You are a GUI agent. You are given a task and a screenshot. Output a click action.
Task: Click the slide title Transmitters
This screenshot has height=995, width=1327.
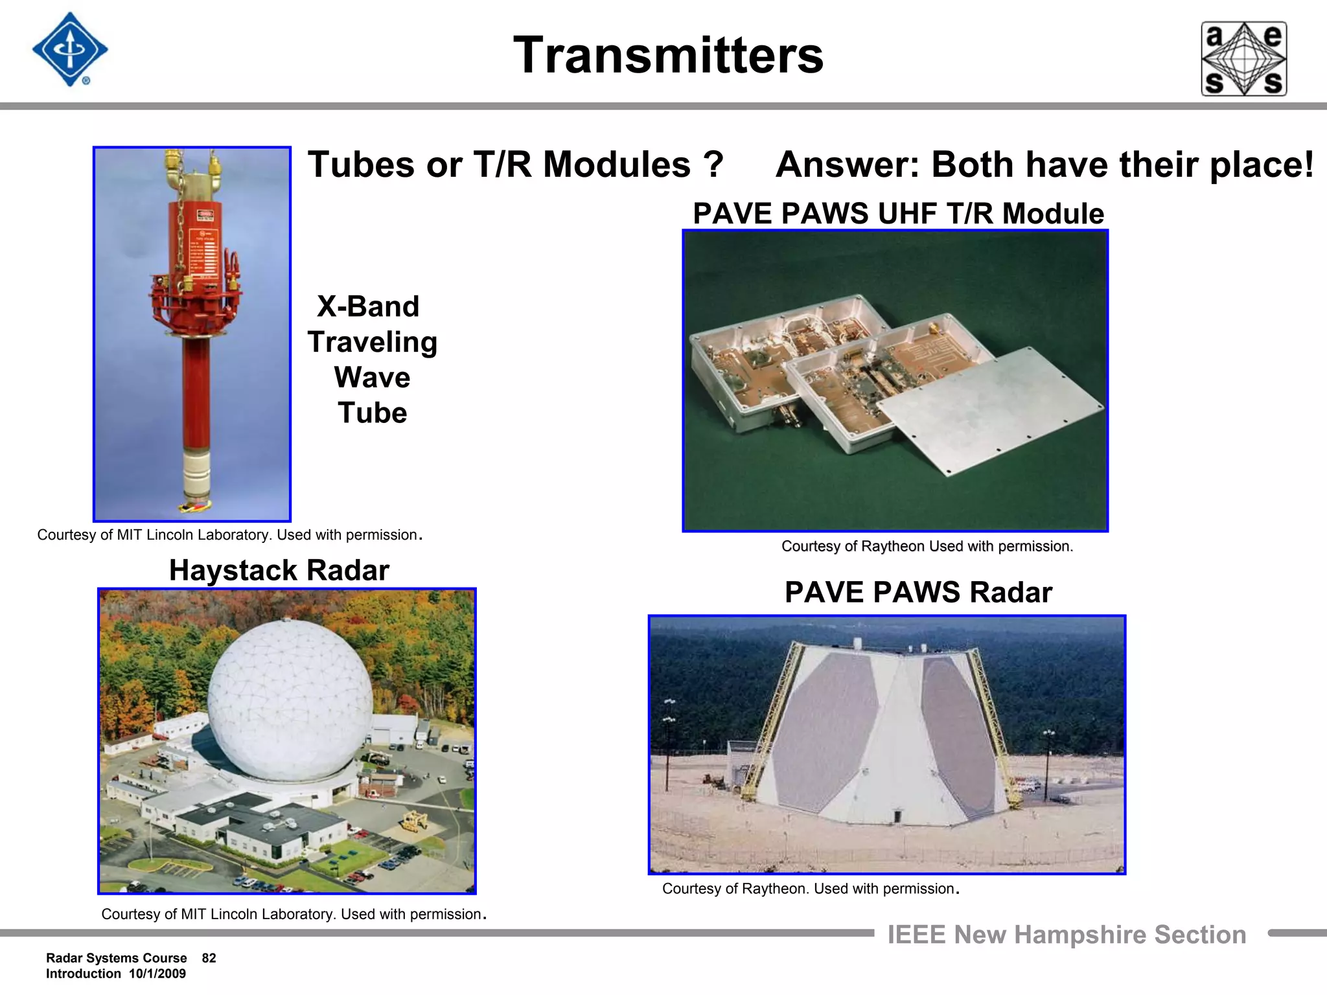(668, 56)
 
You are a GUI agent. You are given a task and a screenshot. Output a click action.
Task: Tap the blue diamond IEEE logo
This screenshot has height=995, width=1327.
(69, 49)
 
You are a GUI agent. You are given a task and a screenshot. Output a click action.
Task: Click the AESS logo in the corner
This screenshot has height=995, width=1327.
(1243, 59)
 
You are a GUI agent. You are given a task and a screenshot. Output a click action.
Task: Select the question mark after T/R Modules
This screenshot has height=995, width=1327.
(713, 165)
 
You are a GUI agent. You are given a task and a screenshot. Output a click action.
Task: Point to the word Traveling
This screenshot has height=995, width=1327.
(372, 342)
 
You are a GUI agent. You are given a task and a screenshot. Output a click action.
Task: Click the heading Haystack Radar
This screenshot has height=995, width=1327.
(279, 571)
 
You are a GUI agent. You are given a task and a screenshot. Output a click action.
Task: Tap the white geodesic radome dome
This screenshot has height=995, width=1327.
(290, 700)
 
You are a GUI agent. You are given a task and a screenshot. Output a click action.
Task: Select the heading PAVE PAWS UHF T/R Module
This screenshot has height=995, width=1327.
(898, 214)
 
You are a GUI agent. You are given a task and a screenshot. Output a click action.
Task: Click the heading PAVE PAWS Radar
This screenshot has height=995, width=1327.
(918, 592)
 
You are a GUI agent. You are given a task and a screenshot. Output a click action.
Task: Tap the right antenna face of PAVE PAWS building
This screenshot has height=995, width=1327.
(957, 732)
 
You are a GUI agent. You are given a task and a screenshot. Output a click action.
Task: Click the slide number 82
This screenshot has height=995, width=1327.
(209, 958)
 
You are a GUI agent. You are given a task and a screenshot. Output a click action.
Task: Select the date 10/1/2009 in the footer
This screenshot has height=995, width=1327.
(157, 974)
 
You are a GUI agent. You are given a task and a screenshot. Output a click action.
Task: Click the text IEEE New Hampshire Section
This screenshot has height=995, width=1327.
(1067, 935)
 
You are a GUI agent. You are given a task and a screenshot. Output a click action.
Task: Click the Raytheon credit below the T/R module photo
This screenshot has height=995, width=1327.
(927, 546)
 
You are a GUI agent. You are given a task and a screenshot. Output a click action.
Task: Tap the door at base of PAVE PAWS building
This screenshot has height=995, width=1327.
(897, 816)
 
